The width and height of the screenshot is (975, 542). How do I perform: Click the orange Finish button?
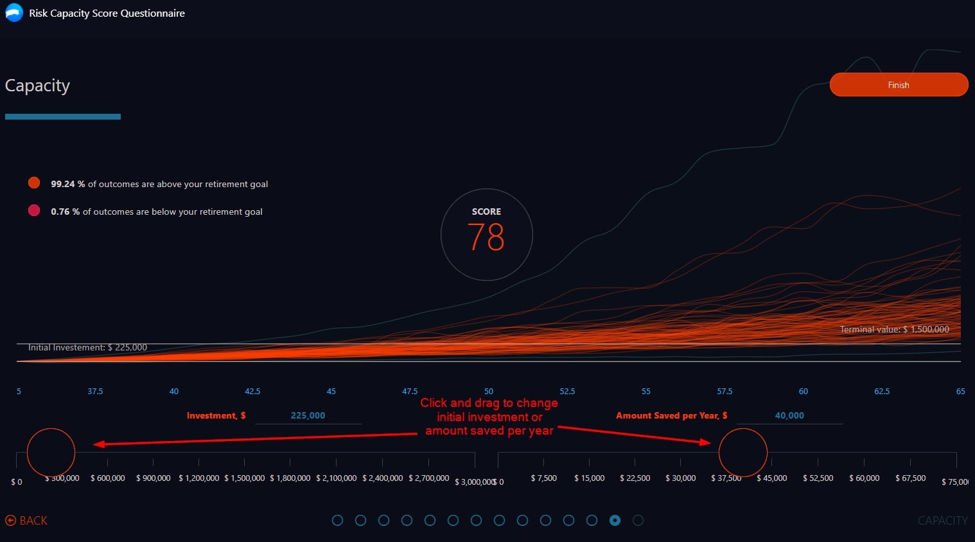pyautogui.click(x=898, y=85)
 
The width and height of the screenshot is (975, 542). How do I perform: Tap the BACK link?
pyautogui.click(x=26, y=520)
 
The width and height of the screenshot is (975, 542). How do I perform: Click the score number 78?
pyautogui.click(x=486, y=237)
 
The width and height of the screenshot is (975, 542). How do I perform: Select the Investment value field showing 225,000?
pyautogui.click(x=308, y=415)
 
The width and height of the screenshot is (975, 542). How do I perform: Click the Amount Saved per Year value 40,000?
pyautogui.click(x=789, y=415)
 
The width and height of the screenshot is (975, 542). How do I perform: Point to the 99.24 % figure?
pyautogui.click(x=67, y=184)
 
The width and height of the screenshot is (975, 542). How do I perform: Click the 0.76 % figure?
pyautogui.click(x=65, y=212)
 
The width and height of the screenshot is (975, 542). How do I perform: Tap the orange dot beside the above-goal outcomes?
pyautogui.click(x=34, y=183)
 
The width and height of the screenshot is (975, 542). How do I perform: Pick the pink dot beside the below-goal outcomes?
pyautogui.click(x=34, y=210)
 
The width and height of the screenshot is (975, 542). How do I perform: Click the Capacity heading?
pyautogui.click(x=37, y=86)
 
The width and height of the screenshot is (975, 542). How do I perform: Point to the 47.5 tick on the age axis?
pyautogui.click(x=410, y=391)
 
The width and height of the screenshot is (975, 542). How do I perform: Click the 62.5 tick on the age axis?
pyautogui.click(x=882, y=391)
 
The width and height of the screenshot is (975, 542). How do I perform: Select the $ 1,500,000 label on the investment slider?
pyautogui.click(x=244, y=478)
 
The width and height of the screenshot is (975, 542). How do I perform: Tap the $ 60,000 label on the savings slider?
pyautogui.click(x=864, y=478)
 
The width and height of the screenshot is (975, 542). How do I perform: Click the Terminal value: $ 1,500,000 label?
pyautogui.click(x=894, y=329)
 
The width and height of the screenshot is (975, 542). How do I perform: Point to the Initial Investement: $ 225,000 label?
pyautogui.click(x=87, y=347)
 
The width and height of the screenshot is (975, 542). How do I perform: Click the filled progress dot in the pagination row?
pyautogui.click(x=615, y=520)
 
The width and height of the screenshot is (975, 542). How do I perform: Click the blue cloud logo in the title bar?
pyautogui.click(x=14, y=13)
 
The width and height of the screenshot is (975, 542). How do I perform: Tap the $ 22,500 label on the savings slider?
pyautogui.click(x=635, y=478)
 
